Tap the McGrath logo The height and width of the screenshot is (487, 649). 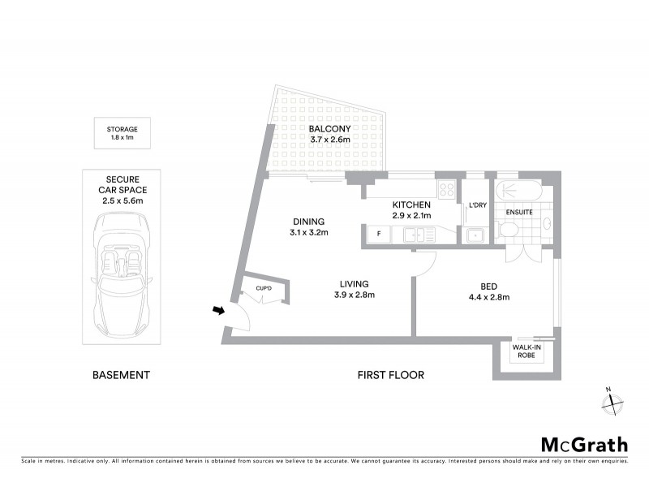pos(584,444)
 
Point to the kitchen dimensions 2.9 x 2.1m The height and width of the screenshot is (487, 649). pos(410,217)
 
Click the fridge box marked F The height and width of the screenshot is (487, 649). pos(377,235)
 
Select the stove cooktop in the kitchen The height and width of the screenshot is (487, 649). pos(446,190)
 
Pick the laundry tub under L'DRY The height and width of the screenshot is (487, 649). pos(475,235)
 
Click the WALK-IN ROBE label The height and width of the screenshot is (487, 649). pos(526,351)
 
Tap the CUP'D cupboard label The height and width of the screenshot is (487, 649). pos(263,288)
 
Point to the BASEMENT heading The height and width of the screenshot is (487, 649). pos(121,375)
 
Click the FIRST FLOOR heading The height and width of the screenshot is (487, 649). pos(390,375)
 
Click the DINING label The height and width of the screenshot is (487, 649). pos(309,222)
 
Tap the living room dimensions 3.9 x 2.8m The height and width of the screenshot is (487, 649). pos(354,295)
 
